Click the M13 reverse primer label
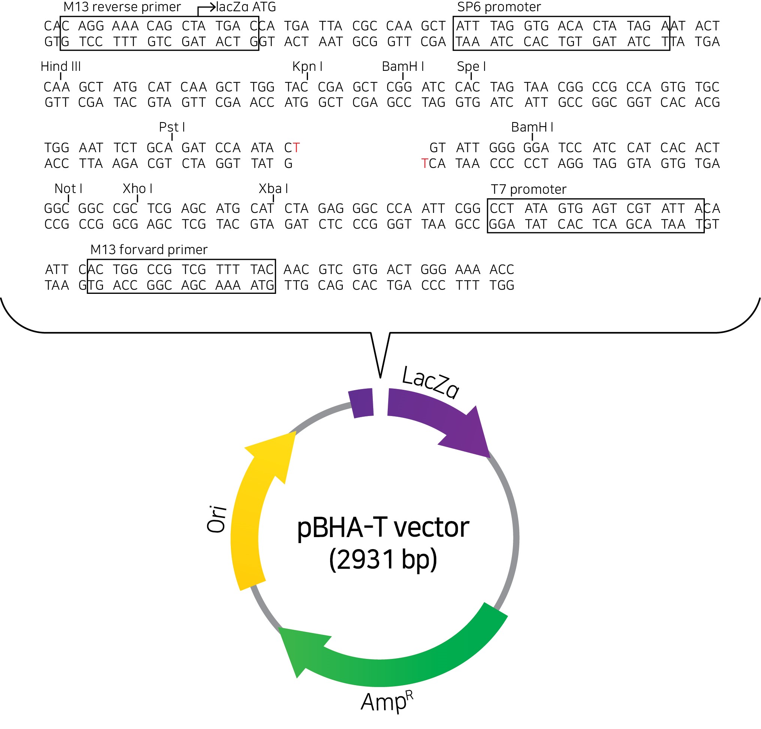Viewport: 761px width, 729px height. click(x=122, y=7)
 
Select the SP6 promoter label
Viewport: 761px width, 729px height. click(x=499, y=7)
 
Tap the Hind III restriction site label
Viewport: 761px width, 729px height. click(x=61, y=66)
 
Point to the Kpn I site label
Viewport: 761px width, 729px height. click(x=307, y=66)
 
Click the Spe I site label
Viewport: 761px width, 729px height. click(x=471, y=66)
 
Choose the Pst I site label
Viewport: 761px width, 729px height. click(x=172, y=127)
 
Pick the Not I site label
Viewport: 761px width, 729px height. click(x=68, y=189)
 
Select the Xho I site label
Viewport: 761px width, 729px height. click(x=138, y=189)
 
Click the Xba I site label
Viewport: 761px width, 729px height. click(x=274, y=189)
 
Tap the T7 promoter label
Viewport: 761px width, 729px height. click(x=528, y=189)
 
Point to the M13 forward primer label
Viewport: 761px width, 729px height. click(x=149, y=249)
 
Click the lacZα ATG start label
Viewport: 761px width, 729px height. click(x=246, y=7)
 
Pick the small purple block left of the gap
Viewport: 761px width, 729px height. click(x=361, y=403)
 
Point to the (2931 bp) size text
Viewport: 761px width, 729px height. click(x=383, y=559)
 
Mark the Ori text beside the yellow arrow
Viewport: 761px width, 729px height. click(x=217, y=519)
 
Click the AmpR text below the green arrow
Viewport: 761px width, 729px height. click(x=387, y=701)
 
